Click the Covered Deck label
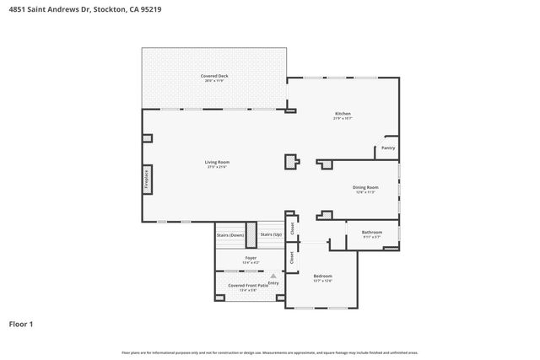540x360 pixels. (x=214, y=76)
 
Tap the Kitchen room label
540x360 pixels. (x=343, y=114)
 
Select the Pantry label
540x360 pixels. (x=387, y=148)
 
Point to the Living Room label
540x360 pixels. (x=217, y=162)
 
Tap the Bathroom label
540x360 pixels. (x=372, y=232)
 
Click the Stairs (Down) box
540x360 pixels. (x=230, y=235)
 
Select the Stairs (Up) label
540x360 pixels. (x=271, y=234)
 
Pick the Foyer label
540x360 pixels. (x=251, y=258)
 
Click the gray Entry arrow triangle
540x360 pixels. (x=273, y=276)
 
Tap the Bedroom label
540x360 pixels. (x=322, y=276)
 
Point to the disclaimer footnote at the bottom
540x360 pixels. (x=269, y=352)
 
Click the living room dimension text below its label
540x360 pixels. (x=217, y=167)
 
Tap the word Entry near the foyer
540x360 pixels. (x=273, y=282)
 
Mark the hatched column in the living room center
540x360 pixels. (x=292, y=161)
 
